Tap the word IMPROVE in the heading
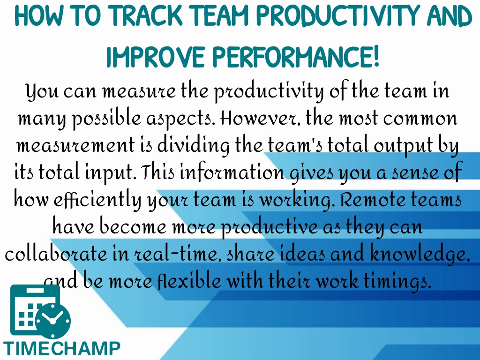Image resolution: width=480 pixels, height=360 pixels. (155, 57)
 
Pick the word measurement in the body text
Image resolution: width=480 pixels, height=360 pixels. (75, 145)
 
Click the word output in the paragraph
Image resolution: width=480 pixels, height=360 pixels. (403, 146)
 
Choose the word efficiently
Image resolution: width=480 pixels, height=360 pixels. (97, 200)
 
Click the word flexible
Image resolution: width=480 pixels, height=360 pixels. (189, 281)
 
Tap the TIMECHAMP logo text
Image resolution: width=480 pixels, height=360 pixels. (61, 348)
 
